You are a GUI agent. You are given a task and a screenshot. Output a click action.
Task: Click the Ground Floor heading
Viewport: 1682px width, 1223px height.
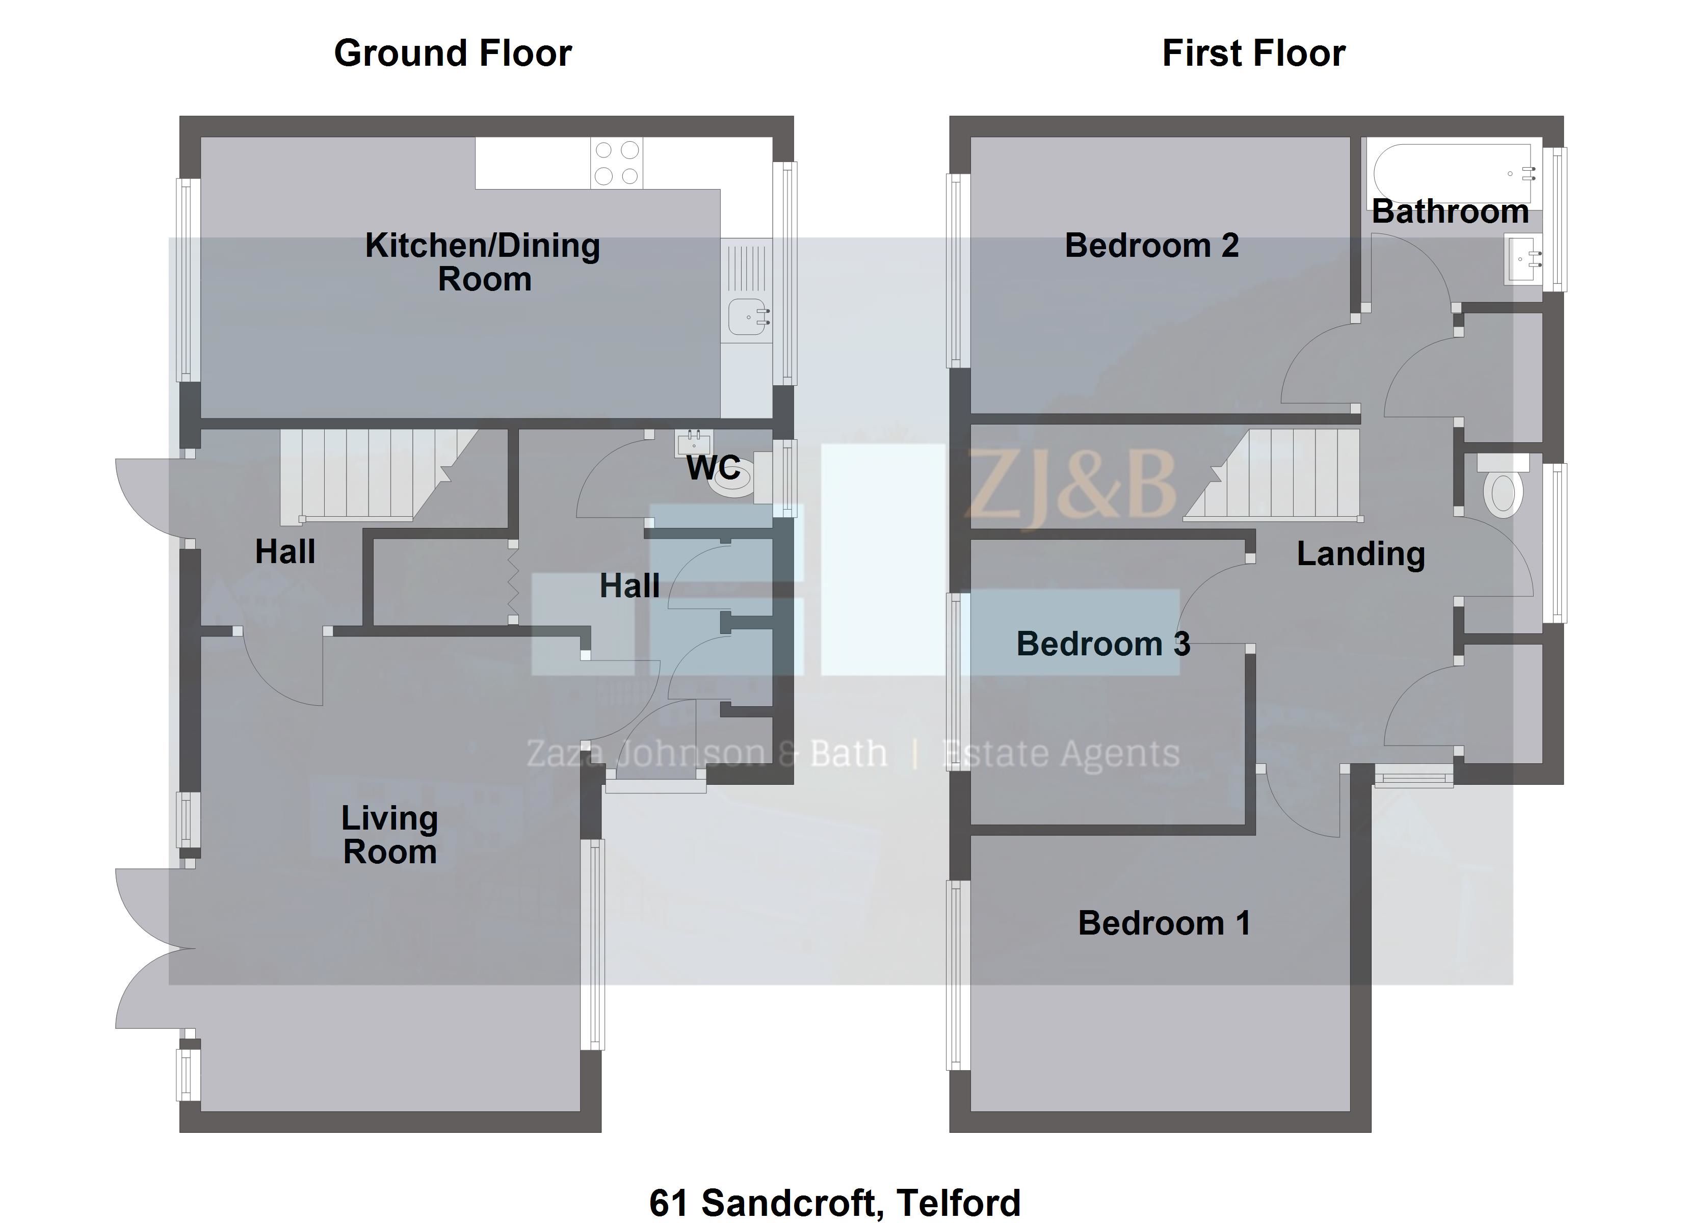453,54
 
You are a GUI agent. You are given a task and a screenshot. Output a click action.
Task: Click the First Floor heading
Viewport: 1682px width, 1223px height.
1253,54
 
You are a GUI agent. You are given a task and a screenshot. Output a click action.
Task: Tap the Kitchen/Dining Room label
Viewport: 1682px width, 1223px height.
483,262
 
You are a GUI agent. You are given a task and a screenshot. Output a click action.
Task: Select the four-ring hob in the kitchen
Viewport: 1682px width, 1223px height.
616,163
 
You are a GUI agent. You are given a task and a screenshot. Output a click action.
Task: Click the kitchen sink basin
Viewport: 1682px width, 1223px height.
748,316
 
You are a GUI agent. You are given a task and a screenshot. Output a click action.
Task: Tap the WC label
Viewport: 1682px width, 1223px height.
714,468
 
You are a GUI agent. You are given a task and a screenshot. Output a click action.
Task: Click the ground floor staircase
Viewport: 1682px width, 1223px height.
378,474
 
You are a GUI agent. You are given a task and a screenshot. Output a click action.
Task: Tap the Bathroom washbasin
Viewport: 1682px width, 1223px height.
1524,258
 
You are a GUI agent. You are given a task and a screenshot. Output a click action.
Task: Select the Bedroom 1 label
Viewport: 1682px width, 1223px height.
1164,923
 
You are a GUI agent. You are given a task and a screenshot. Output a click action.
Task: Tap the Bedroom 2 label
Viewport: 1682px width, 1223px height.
1152,246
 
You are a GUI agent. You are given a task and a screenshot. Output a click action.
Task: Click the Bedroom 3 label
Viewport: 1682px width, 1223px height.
1103,644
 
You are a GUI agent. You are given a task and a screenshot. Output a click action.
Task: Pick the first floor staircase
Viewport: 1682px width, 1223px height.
1272,474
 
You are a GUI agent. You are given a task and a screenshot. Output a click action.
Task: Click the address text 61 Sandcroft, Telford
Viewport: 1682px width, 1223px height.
835,1202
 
